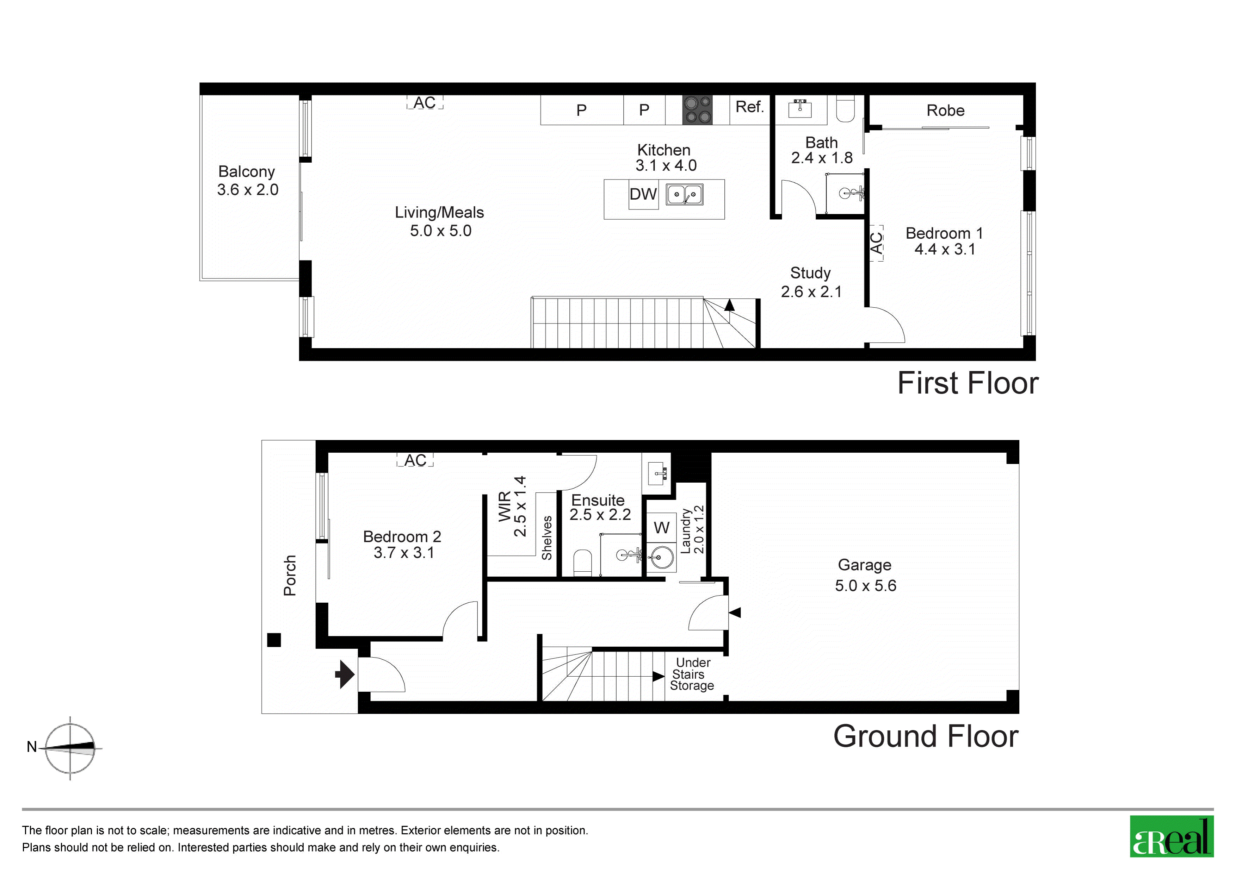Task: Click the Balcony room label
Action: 247,171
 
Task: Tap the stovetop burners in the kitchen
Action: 698,110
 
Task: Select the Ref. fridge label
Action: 750,107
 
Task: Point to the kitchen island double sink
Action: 685,194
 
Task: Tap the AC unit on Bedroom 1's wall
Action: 876,243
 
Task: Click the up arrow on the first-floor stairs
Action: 729,305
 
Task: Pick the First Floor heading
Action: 968,383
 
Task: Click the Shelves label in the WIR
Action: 547,538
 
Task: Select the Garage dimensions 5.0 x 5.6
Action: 866,586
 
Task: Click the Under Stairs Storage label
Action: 692,674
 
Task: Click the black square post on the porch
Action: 274,640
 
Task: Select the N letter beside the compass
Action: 32,747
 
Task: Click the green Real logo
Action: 1172,836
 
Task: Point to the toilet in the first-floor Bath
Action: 845,109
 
